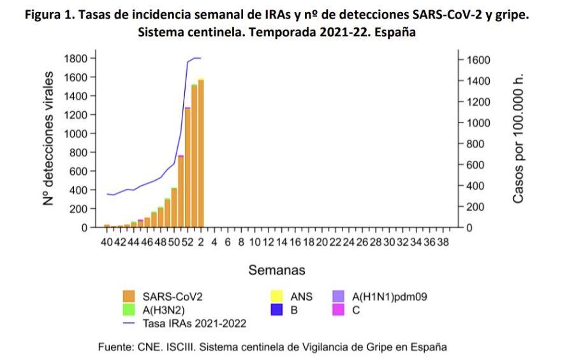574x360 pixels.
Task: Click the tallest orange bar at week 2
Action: (201, 153)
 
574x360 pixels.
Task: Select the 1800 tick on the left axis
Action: (75, 59)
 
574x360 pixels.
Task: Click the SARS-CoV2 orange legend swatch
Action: (129, 296)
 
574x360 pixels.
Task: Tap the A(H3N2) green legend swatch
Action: (129, 310)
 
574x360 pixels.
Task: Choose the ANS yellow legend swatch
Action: (277, 296)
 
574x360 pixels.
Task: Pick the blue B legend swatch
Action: (277, 310)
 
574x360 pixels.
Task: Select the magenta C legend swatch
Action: (339, 310)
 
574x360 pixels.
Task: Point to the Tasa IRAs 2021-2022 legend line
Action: (129, 323)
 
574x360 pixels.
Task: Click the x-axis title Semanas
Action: (277, 270)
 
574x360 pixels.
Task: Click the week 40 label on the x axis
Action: (107, 243)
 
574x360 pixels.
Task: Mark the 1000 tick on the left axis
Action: (75, 134)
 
